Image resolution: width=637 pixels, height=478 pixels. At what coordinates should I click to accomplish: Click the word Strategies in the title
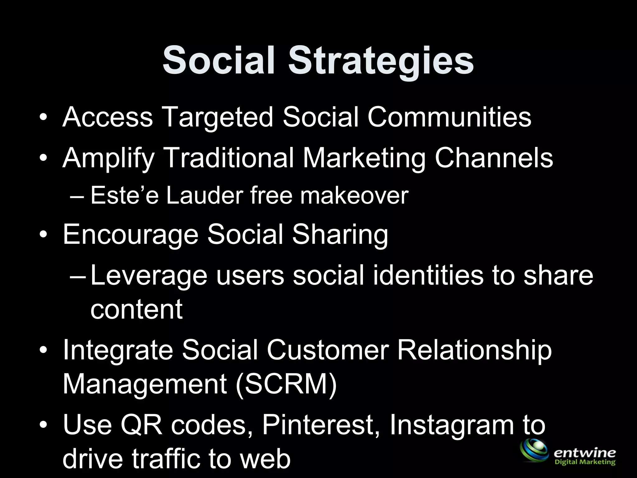pos(381,61)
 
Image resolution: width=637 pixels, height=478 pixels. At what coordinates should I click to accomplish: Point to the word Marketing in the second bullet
pos(364,158)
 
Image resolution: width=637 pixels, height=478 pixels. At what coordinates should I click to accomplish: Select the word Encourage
pos(131,235)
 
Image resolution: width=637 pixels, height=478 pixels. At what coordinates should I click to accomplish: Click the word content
pos(136,309)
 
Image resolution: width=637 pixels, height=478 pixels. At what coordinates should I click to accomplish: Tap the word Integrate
pos(118,350)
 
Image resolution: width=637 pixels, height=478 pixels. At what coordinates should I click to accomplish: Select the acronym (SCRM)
pos(286,384)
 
